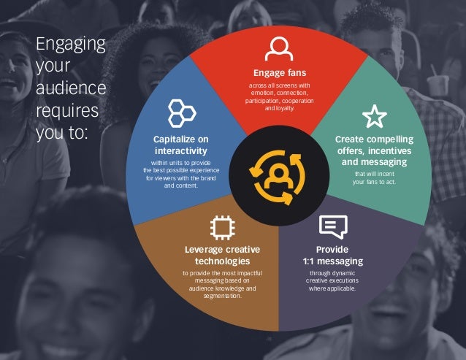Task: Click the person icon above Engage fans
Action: [x=279, y=48]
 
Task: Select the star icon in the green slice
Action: [x=374, y=115]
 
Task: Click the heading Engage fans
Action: [x=279, y=73]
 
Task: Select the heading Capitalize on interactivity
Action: [x=180, y=144]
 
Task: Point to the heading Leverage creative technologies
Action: [x=223, y=255]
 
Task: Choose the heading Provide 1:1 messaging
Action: [x=332, y=255]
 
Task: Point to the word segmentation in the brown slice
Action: [x=223, y=295]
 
